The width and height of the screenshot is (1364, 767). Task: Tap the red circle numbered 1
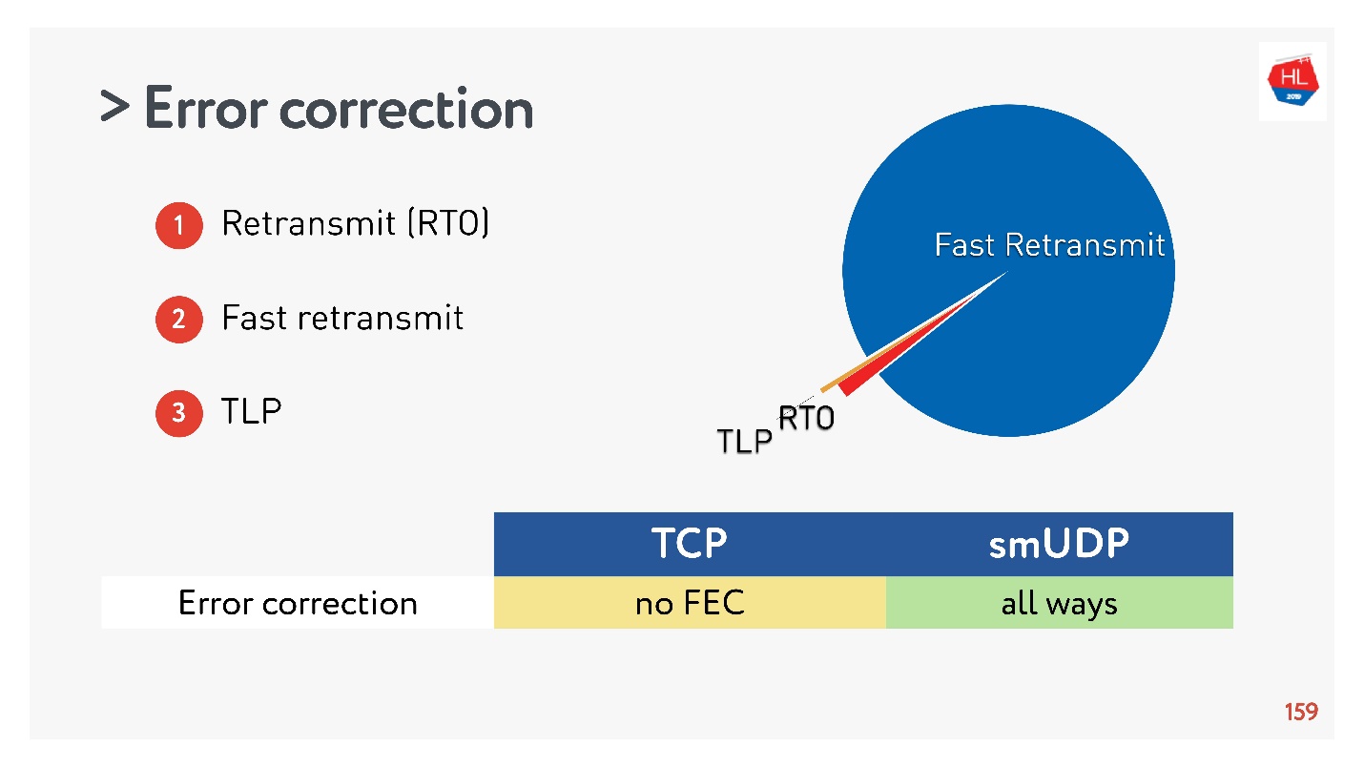coord(178,226)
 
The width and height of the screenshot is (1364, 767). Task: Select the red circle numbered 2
coord(178,319)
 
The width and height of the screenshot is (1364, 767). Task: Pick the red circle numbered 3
coord(178,413)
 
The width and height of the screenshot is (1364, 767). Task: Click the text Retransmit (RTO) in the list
coord(355,223)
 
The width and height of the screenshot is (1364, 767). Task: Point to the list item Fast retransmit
coord(342,318)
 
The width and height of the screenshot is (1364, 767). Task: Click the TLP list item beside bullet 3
coord(252,412)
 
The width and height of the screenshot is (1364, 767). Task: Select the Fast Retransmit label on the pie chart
coord(1049,245)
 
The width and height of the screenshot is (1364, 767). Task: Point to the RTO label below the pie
coord(806,419)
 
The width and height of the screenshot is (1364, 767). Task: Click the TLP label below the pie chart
coord(744,442)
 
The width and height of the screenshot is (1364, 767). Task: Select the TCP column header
coord(690,544)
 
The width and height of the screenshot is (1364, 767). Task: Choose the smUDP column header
coord(1059,544)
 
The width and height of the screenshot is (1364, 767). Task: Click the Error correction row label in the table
coord(298,603)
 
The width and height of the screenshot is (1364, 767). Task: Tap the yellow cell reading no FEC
coord(690,603)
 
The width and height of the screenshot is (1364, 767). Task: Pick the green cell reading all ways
coord(1059,603)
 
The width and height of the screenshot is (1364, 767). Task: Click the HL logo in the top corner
coord(1292,81)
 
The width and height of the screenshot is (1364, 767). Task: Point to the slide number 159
coord(1300,712)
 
